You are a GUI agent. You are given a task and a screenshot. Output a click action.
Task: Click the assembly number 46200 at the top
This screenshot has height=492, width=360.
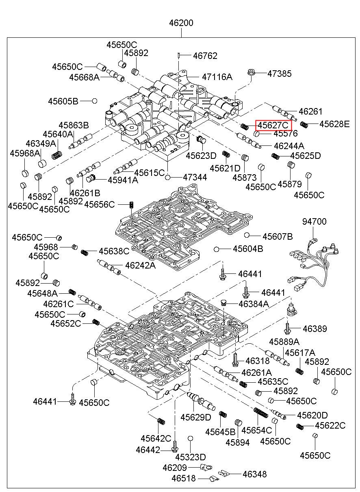[181, 23]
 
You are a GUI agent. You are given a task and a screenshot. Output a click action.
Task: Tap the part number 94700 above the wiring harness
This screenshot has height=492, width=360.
[314, 222]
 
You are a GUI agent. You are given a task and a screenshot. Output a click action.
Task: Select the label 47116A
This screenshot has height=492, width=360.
[217, 76]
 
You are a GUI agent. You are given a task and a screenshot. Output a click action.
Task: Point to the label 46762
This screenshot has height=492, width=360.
[205, 56]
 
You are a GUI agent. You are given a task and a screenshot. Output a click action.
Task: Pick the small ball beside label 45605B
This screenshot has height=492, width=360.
[94, 101]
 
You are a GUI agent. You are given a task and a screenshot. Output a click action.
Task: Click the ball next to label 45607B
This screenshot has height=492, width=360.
[247, 235]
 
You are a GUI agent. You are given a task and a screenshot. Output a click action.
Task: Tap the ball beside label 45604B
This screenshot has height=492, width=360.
[217, 249]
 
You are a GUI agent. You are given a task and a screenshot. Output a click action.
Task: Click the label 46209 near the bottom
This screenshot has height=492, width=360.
[174, 468]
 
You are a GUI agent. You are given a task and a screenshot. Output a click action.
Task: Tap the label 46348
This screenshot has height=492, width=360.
[254, 474]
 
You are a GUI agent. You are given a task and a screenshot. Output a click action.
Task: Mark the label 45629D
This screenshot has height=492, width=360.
[196, 417]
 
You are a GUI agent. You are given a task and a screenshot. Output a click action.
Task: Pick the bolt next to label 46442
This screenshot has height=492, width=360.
[174, 447]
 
